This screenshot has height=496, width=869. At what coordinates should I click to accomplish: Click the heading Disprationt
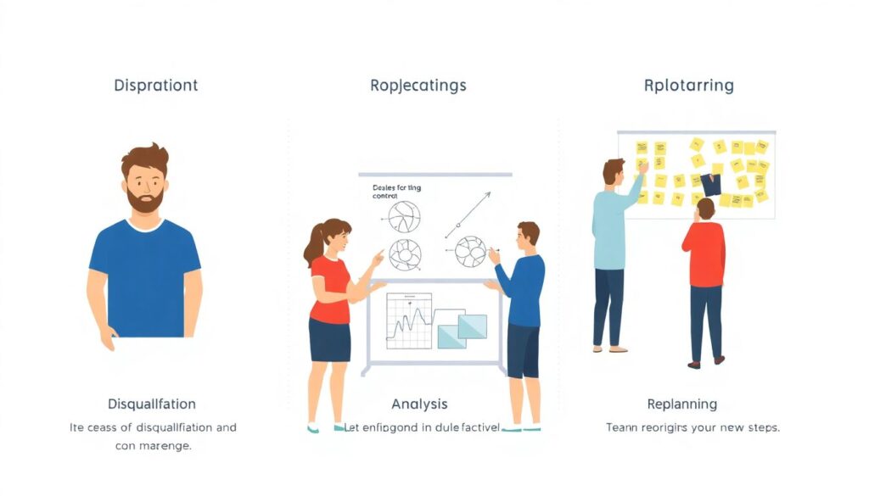click(x=155, y=86)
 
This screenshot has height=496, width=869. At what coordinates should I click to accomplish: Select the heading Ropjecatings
click(x=418, y=86)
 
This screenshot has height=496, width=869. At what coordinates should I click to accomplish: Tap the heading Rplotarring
click(x=688, y=86)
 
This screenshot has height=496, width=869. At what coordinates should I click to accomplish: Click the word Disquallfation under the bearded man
click(x=152, y=404)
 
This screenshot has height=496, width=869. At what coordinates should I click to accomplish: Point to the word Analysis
click(x=419, y=404)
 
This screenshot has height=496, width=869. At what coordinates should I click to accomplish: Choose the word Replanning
click(x=681, y=404)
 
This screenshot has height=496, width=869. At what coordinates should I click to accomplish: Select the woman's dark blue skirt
click(x=329, y=339)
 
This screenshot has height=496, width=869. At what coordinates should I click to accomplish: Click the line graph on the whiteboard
click(x=409, y=320)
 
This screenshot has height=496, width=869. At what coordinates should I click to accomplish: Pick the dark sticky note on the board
click(x=710, y=184)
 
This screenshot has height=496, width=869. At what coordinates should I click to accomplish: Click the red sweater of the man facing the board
click(x=704, y=254)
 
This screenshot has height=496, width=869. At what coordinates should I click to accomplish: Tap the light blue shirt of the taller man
click(x=611, y=225)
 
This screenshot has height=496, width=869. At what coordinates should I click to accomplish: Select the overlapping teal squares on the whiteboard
click(x=461, y=329)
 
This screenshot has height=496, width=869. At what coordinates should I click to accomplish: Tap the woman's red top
click(x=329, y=288)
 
